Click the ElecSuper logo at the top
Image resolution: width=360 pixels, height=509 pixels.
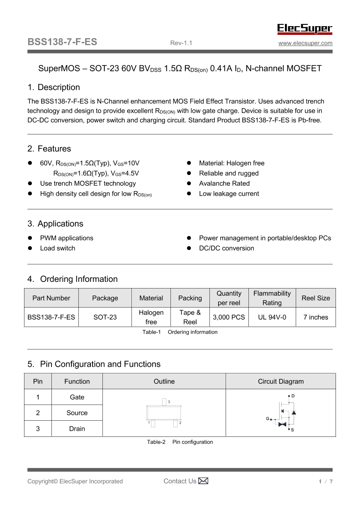pos(305,29)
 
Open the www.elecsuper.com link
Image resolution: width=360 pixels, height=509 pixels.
pos(305,43)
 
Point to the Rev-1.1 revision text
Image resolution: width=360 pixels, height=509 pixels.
pos(181,43)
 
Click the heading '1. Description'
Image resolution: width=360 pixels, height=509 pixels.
pos(54,87)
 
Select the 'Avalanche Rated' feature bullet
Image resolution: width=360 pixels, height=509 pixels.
pos(224,184)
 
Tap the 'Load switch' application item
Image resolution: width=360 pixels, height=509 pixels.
pos(58,248)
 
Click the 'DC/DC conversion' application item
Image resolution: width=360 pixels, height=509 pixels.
pos(226,248)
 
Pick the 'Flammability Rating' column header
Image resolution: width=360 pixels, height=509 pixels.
pos(272,298)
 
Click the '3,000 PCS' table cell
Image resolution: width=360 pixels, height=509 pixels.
pos(229,318)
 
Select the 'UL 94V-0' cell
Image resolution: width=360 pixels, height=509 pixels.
pos(272,318)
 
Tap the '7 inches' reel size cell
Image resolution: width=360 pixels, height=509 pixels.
pos(316,318)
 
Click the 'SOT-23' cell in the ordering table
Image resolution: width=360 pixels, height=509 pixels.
pos(105,318)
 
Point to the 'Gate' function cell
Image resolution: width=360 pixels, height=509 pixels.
pos(77,397)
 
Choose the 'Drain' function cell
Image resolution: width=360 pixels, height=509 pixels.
pos(77,429)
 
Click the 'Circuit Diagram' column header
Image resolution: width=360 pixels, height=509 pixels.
pos(281,381)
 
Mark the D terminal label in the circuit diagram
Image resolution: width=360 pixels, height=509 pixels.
pos(293,396)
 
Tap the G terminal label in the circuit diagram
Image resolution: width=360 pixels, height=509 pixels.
pos(268,419)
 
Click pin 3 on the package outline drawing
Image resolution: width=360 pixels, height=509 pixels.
pos(164,402)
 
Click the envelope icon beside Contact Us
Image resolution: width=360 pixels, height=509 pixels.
pos(203,481)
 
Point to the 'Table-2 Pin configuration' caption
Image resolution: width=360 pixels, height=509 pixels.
pos(180,442)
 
